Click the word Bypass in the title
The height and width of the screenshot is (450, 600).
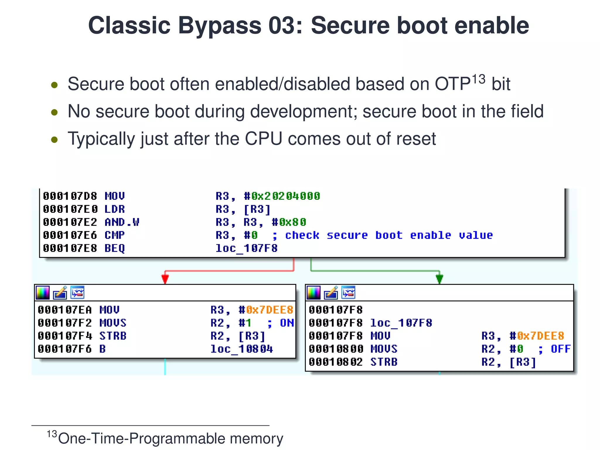(x=219, y=26)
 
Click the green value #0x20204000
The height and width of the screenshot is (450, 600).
(x=282, y=196)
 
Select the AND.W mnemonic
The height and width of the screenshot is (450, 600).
(x=122, y=222)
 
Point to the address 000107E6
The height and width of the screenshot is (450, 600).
(x=70, y=235)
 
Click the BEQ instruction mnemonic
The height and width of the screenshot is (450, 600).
(x=115, y=248)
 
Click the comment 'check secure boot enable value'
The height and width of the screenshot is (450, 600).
(x=389, y=235)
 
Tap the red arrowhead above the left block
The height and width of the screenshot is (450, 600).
(x=165, y=279)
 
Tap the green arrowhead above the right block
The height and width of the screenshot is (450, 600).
(x=439, y=279)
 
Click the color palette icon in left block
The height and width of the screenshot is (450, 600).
(x=43, y=293)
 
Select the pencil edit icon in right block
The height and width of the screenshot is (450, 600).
(x=331, y=293)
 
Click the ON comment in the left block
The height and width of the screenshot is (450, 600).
(x=287, y=323)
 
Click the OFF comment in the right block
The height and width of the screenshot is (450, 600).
(x=560, y=349)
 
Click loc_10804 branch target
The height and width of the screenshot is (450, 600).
(x=241, y=349)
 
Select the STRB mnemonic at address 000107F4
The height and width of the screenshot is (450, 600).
(x=113, y=336)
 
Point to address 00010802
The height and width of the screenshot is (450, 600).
(x=336, y=362)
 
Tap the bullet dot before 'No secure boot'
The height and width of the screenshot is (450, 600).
(x=54, y=112)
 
